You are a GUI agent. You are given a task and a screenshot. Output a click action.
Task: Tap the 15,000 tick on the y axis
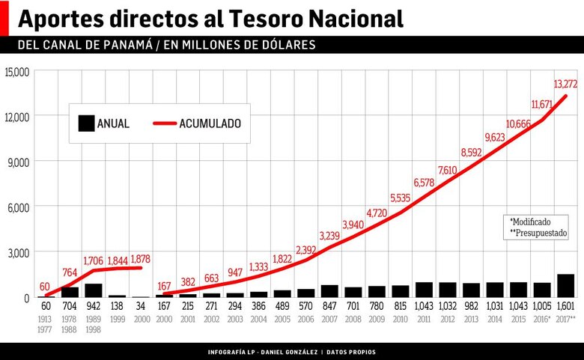click(16, 72)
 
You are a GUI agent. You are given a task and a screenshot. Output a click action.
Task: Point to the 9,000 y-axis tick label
click(19, 162)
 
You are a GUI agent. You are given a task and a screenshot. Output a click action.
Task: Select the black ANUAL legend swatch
click(86, 123)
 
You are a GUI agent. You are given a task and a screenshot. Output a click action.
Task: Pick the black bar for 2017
click(565, 286)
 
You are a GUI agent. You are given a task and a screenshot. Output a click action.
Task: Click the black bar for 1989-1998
click(94, 290)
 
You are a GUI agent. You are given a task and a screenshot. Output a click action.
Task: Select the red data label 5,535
click(401, 198)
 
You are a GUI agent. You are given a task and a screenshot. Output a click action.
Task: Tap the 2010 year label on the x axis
click(401, 319)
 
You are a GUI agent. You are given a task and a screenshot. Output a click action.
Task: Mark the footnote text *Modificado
click(530, 222)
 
